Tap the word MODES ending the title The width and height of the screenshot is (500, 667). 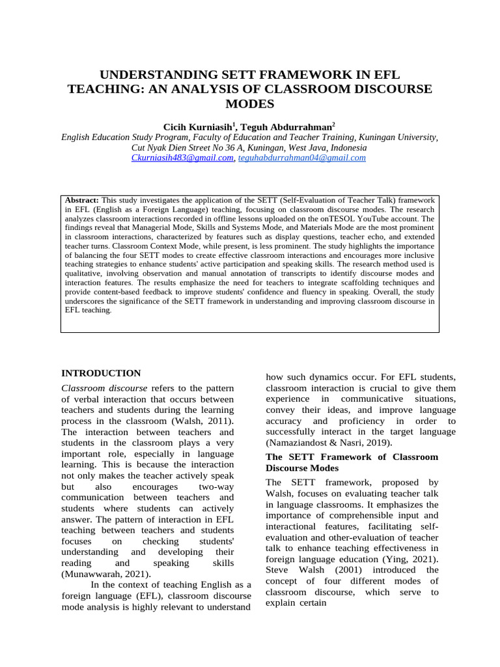[x=249, y=104]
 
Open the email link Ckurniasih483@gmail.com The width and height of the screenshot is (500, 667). [x=182, y=158]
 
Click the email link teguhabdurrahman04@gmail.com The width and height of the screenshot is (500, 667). [x=302, y=158]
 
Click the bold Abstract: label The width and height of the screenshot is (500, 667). [x=82, y=200]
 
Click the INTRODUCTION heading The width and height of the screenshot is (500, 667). [x=101, y=373]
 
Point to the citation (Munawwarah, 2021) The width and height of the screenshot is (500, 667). [x=106, y=574]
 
